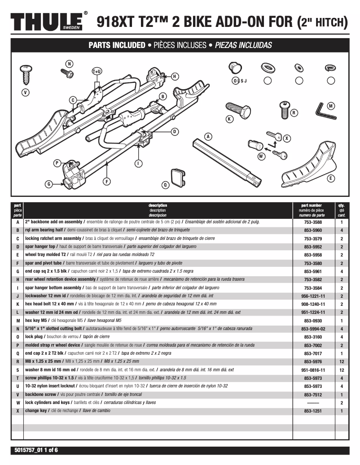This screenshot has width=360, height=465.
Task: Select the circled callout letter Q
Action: tap(165, 184)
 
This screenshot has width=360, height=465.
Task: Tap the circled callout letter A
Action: tap(208, 136)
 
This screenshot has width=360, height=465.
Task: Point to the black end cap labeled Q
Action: tap(177, 177)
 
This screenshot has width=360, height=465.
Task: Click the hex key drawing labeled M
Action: tap(326, 110)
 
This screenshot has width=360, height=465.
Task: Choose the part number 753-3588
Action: tap(314, 222)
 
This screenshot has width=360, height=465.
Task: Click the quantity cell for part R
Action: tap(341, 361)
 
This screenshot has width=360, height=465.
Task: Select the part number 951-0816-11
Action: tap(314, 370)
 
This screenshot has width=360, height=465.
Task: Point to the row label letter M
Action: tap(18, 321)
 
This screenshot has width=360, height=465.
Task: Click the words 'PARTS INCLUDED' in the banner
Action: tap(116, 45)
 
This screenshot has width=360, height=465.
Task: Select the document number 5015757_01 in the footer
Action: tap(28, 450)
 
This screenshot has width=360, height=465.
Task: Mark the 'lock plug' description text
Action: tap(35, 337)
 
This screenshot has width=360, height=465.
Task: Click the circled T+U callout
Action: tap(97, 71)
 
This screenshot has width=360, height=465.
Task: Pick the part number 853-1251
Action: tap(314, 411)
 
